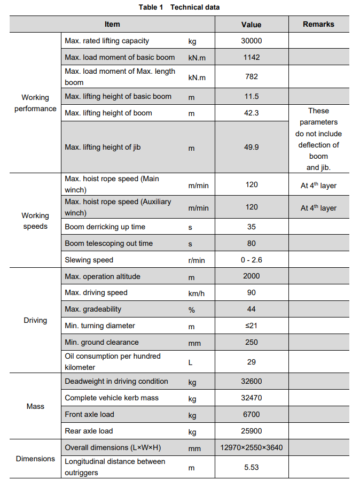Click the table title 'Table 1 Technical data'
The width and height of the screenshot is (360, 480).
coord(179,7)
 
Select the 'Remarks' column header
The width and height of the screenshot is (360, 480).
coord(318,24)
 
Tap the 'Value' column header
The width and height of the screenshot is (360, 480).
coord(251,25)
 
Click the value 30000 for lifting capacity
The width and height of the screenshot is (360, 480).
coord(251,41)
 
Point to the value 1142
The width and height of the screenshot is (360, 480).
coord(251,57)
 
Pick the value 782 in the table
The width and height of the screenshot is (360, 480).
coord(251,76)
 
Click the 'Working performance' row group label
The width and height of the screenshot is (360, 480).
coord(35,103)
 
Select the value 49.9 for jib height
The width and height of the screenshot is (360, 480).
coord(251,147)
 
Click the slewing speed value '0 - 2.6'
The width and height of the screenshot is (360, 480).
coord(251,260)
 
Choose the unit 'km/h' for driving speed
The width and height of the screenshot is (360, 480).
coord(196,293)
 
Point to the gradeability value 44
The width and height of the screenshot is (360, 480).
coord(251,309)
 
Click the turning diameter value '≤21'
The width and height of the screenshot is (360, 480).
coord(251,326)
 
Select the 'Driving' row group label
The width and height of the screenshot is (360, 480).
coord(35,320)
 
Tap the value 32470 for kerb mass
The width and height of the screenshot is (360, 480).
coord(251,398)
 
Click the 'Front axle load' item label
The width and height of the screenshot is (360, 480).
coord(89,414)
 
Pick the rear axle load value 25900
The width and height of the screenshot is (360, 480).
coord(251,431)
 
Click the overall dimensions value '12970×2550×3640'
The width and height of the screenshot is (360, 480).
coord(251,447)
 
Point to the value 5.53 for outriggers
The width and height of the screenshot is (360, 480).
coord(251,467)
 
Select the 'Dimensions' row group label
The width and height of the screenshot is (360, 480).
coord(35,459)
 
